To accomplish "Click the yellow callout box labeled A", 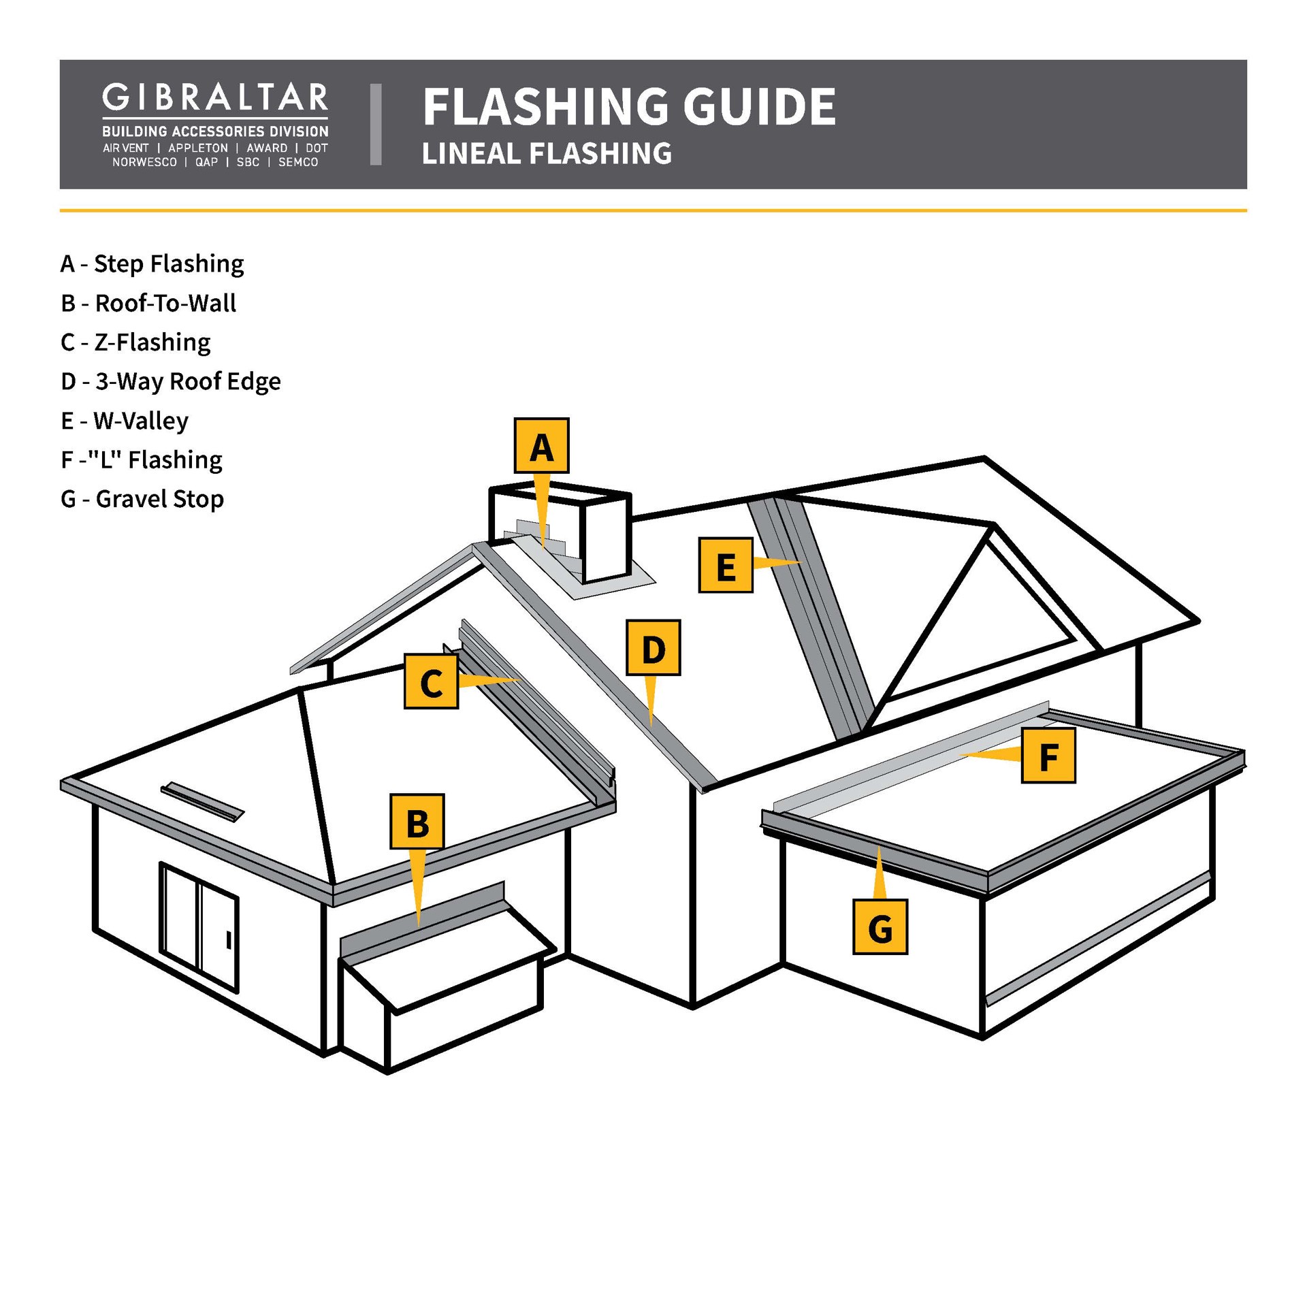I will pos(541,446).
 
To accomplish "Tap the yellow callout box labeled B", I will pos(417,822).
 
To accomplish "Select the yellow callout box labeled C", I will pos(431,681).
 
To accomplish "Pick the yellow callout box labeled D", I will pos(653,647).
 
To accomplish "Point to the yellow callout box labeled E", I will pos(726,565).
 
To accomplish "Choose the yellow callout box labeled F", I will pos(1048,756).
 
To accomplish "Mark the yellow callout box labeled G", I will pos(880,926).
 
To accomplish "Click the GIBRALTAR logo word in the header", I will pos(215,99).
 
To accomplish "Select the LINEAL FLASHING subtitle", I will pos(547,153).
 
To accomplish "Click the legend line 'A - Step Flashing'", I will pos(152,263).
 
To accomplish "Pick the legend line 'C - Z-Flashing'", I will pos(135,342).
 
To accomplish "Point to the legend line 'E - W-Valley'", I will pos(125,421).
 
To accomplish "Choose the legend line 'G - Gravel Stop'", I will pos(142,499).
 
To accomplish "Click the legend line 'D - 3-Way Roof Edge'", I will pos(171,381).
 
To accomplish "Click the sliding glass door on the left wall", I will pos(199,927).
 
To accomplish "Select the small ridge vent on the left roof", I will pos(202,802).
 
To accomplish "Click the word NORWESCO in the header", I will pos(144,162).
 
